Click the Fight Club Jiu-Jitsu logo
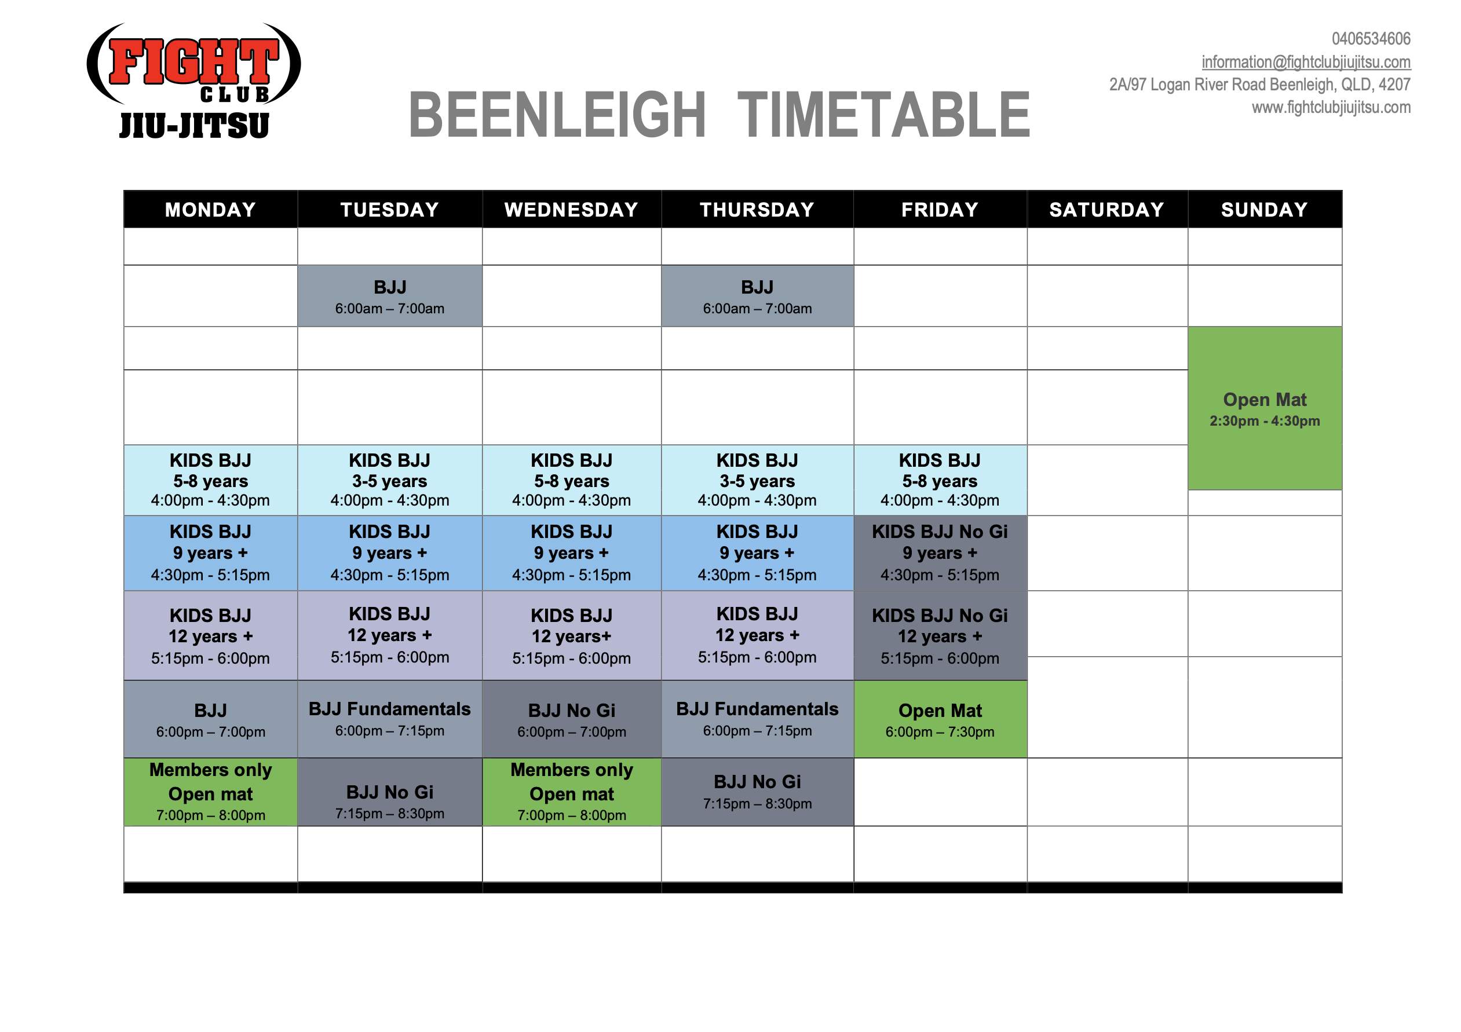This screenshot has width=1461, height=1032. click(193, 81)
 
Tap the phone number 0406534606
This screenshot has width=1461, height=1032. click(1371, 39)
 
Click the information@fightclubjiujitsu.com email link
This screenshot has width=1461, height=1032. click(1306, 62)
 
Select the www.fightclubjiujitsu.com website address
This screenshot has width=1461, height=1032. click(1331, 107)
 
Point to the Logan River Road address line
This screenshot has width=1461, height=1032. click(1260, 85)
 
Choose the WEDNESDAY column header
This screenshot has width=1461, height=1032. click(571, 209)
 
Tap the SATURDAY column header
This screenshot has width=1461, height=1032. click(1107, 209)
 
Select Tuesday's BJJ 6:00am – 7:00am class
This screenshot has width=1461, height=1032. click(390, 296)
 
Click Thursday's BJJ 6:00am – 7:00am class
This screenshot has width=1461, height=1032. click(757, 296)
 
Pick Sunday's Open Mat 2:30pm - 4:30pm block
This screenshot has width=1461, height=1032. click(1265, 408)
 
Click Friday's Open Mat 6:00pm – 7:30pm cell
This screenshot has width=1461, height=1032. click(940, 719)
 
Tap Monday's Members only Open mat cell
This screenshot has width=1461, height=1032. click(211, 792)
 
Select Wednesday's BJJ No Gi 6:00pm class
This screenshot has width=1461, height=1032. click(571, 719)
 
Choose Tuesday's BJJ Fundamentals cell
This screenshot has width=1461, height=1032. click(390, 719)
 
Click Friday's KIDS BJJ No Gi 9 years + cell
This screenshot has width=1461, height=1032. click(940, 553)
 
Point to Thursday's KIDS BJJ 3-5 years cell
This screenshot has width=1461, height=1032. click(757, 480)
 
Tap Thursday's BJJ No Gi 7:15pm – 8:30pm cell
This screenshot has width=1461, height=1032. click(757, 792)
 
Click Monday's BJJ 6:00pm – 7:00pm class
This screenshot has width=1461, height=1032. click(211, 719)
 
